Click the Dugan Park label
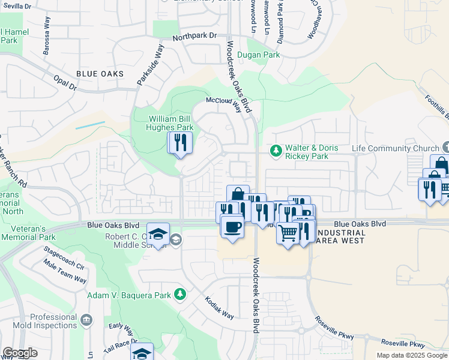point(259,55)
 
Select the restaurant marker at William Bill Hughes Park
point(179,143)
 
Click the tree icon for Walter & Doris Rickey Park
point(276,151)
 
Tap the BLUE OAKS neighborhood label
point(100,74)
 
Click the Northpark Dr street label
point(194,36)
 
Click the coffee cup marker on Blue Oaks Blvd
point(232,226)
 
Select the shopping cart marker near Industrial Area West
point(288,232)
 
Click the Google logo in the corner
point(20,353)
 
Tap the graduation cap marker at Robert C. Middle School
point(158,234)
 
